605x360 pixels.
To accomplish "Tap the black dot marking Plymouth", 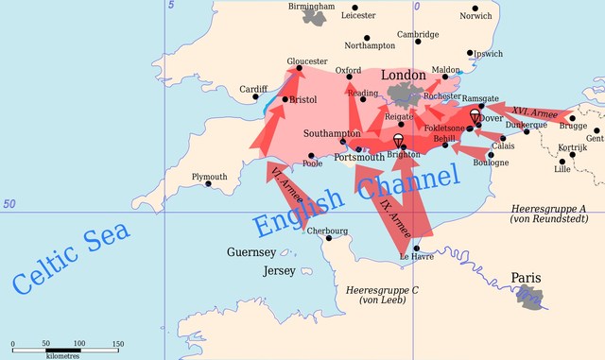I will point(209,183).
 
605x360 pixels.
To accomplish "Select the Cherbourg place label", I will point(328,231).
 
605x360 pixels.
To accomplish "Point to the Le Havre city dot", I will point(416,249).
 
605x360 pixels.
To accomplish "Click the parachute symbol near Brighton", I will point(399,143).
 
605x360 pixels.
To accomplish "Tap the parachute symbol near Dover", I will point(475,115).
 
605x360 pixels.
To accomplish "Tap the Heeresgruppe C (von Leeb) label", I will point(383,295).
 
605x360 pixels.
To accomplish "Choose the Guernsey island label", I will point(251,252).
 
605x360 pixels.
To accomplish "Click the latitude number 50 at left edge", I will point(9,204).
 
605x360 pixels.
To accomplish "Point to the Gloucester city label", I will point(295,60).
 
